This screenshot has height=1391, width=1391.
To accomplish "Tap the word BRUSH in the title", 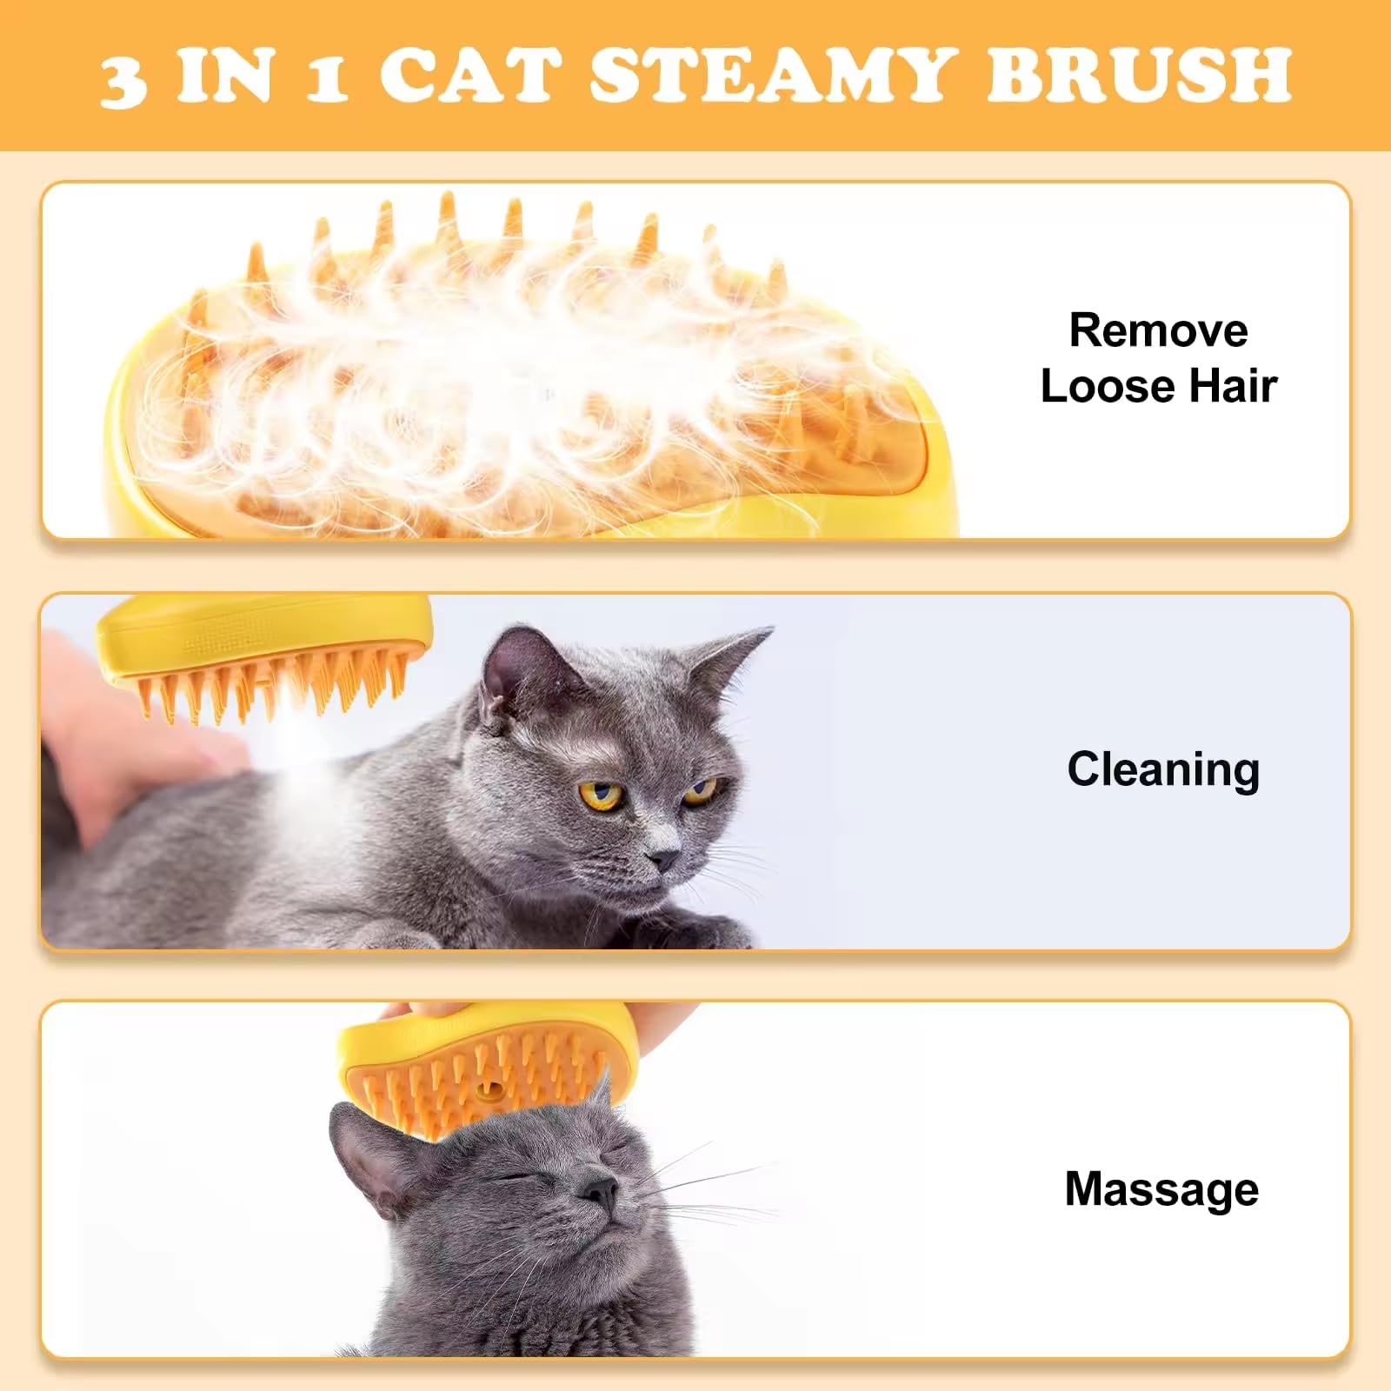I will tap(1139, 75).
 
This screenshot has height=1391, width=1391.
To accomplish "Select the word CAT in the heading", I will tap(470, 75).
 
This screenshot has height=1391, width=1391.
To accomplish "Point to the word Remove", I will tap(1158, 330).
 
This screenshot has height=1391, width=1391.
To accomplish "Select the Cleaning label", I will tap(1162, 769).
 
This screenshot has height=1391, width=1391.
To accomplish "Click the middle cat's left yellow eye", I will tap(602, 793).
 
